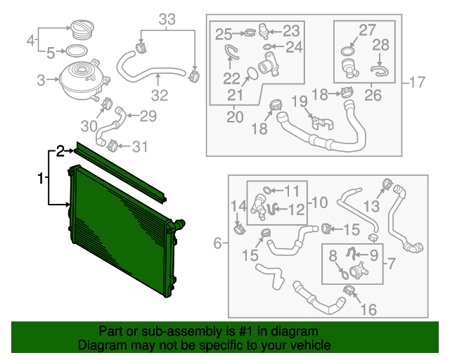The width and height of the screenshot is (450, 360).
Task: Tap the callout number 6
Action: [218, 243]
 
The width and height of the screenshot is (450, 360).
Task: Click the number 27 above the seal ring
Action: [367, 30]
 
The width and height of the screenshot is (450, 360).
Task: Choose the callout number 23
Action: [290, 31]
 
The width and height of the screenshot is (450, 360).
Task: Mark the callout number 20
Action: [234, 115]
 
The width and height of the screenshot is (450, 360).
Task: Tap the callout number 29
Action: [148, 116]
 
